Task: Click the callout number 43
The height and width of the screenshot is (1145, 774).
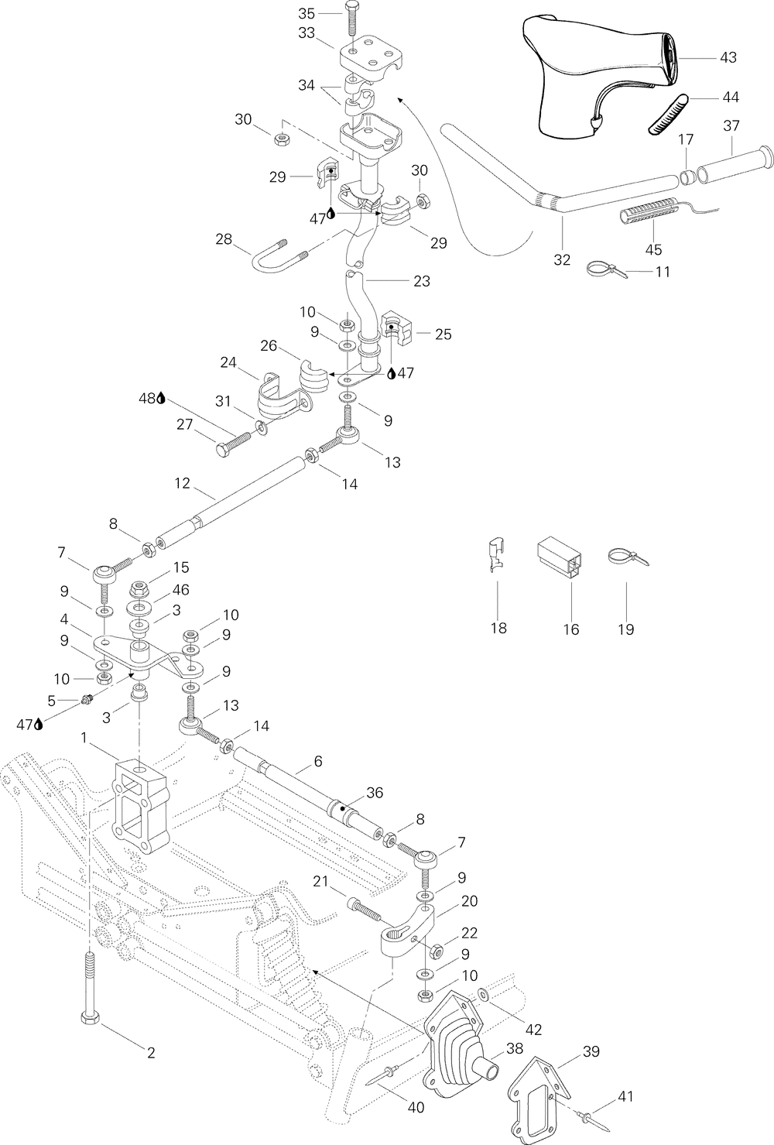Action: tap(728, 58)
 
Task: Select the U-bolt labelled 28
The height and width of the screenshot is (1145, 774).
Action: tap(279, 254)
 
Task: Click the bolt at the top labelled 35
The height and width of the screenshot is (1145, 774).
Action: tap(353, 19)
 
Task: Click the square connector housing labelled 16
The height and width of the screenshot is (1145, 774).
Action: tap(560, 560)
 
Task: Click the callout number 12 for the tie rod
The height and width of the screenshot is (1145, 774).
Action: tap(183, 483)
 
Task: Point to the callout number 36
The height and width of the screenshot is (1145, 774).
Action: tap(375, 793)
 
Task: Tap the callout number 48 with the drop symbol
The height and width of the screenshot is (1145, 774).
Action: tap(152, 399)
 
